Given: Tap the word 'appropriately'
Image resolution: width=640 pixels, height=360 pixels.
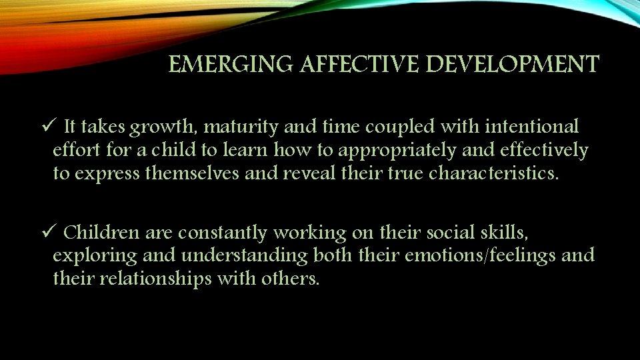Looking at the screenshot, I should (404, 151).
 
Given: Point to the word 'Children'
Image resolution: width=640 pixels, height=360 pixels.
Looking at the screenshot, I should (101, 233).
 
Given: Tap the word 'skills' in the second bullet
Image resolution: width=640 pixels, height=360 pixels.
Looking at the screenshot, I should (510, 233).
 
